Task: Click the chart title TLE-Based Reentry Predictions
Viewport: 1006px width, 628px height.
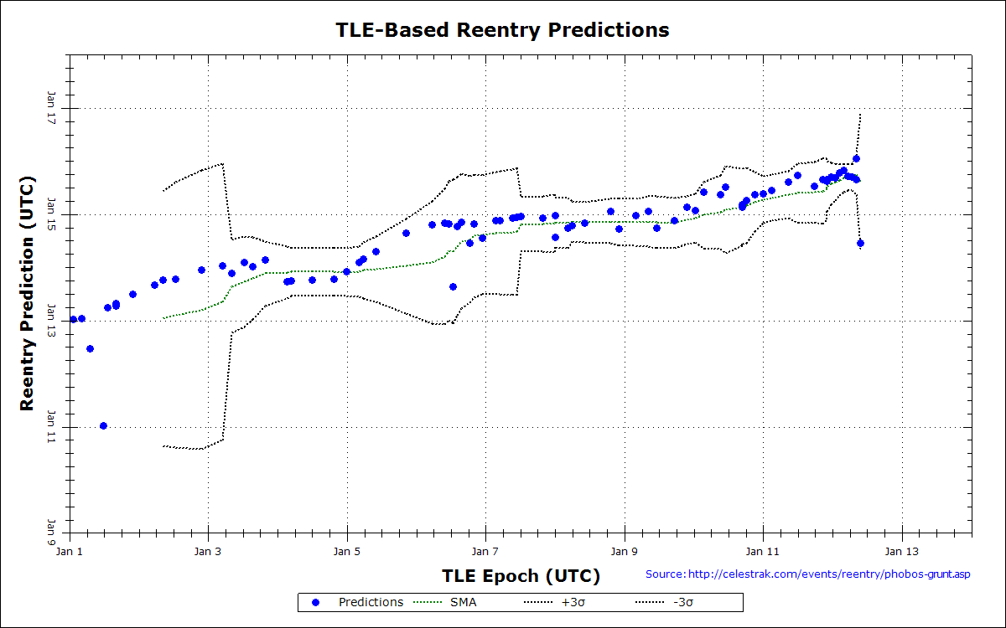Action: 502,30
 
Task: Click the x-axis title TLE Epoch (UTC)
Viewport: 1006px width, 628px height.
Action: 521,576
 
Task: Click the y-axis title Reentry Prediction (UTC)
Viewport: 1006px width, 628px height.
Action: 28,293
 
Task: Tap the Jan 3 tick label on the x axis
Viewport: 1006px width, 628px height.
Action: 208,552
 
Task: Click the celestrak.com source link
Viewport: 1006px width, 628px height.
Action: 808,574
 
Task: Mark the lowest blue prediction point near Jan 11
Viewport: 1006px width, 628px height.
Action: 103,425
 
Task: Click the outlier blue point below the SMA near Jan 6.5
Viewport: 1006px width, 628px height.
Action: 453,286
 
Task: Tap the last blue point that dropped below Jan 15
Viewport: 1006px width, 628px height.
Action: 860,243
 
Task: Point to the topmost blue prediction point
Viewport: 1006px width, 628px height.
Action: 856,158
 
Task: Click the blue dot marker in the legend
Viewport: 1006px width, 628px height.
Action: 315,602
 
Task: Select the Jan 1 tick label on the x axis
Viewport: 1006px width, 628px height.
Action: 70,552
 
